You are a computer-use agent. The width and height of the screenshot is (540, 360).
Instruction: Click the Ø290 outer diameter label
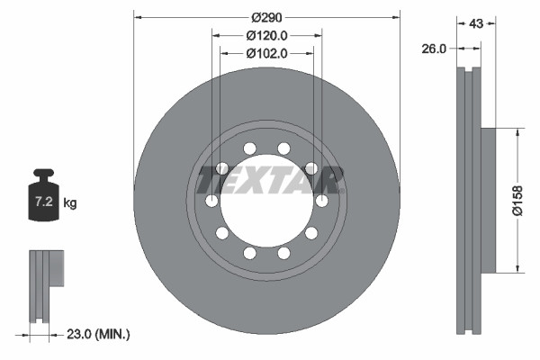(266, 17)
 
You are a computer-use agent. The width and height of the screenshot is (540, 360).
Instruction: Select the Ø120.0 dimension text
(266, 35)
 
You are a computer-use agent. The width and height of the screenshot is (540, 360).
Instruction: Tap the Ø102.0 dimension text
(266, 53)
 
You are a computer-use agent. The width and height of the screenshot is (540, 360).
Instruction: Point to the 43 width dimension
(476, 24)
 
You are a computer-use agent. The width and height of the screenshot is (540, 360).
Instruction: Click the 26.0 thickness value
(434, 49)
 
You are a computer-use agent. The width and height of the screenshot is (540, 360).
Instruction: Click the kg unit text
(70, 203)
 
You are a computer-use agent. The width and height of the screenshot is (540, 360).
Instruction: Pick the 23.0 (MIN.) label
(99, 335)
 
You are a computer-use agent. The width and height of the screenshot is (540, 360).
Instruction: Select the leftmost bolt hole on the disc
(211, 200)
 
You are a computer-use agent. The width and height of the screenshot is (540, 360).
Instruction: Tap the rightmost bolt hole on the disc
(321, 200)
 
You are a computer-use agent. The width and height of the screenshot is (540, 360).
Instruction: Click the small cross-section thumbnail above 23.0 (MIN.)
(45, 283)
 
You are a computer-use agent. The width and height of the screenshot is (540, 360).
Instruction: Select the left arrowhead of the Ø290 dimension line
(138, 16)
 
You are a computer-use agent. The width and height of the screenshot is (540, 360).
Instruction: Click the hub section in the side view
(487, 200)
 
